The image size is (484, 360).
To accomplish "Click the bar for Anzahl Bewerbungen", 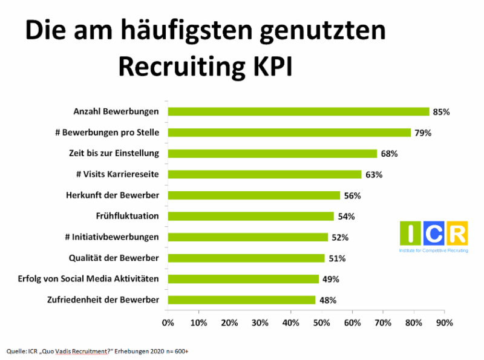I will [298, 111].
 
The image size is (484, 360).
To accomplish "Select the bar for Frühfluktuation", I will [250, 216].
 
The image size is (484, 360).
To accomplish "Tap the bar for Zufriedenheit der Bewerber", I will [241, 299].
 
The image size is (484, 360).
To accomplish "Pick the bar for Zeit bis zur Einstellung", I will [272, 154].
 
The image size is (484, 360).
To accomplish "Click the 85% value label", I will [442, 112].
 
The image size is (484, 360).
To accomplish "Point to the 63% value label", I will [374, 175].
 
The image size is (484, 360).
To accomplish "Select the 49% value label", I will [331, 279].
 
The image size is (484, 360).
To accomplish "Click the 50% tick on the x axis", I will [321, 322].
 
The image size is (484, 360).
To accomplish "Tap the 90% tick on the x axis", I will [444, 322].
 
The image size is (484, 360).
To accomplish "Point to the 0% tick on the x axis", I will [168, 322].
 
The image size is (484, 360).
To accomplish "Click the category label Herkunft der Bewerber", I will [112, 195].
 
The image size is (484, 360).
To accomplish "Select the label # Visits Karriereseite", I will [117, 174].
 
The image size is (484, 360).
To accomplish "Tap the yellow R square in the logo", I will [457, 234].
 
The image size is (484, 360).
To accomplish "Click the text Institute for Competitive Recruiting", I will [433, 250].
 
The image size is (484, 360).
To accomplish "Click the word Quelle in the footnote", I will [16, 351].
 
